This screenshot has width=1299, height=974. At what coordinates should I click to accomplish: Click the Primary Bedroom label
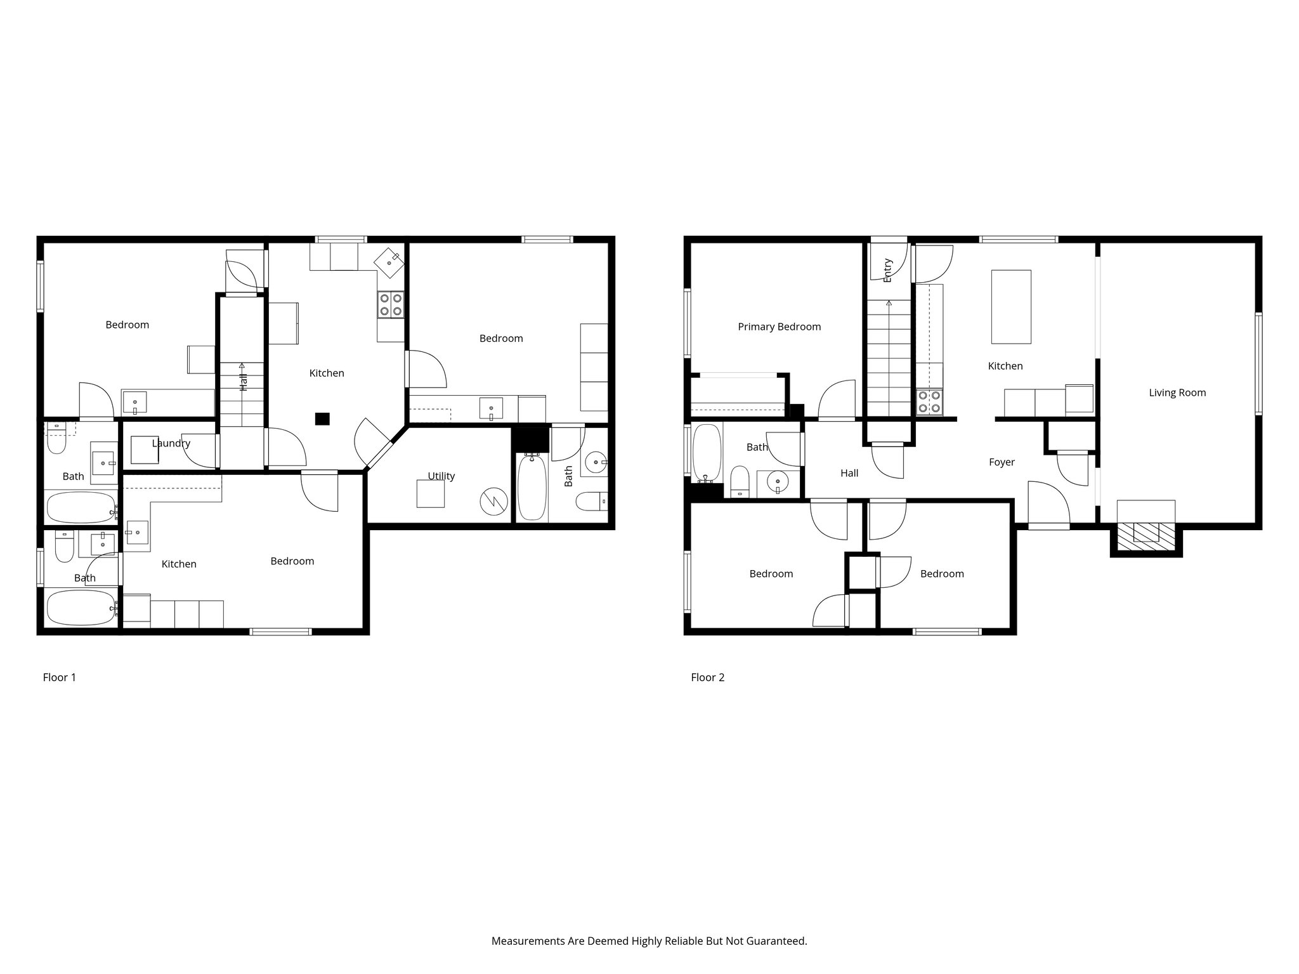779,327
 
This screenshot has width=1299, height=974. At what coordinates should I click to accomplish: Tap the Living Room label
1177,393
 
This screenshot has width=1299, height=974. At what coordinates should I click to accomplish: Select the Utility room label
441,476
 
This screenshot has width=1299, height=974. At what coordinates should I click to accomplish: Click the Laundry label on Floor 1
171,443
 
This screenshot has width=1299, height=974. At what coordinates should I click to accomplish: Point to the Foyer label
1002,462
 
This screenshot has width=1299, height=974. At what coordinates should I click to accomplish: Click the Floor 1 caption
59,677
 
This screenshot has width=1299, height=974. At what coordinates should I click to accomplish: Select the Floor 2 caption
707,677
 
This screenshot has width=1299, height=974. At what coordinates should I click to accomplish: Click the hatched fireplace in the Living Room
1146,536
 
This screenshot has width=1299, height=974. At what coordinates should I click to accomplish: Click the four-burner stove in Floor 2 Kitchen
929,402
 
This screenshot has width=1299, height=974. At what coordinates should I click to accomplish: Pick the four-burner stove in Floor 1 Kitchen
390,304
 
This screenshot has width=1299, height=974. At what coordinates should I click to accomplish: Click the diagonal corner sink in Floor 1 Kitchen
389,261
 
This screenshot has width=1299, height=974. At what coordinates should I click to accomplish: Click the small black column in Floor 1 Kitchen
322,419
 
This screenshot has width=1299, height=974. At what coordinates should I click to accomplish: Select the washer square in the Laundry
144,450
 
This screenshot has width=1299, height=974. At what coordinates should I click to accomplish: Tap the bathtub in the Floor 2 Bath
706,453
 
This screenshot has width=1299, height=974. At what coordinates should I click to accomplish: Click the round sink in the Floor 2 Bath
777,483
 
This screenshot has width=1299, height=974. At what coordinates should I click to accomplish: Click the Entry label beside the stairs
887,270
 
